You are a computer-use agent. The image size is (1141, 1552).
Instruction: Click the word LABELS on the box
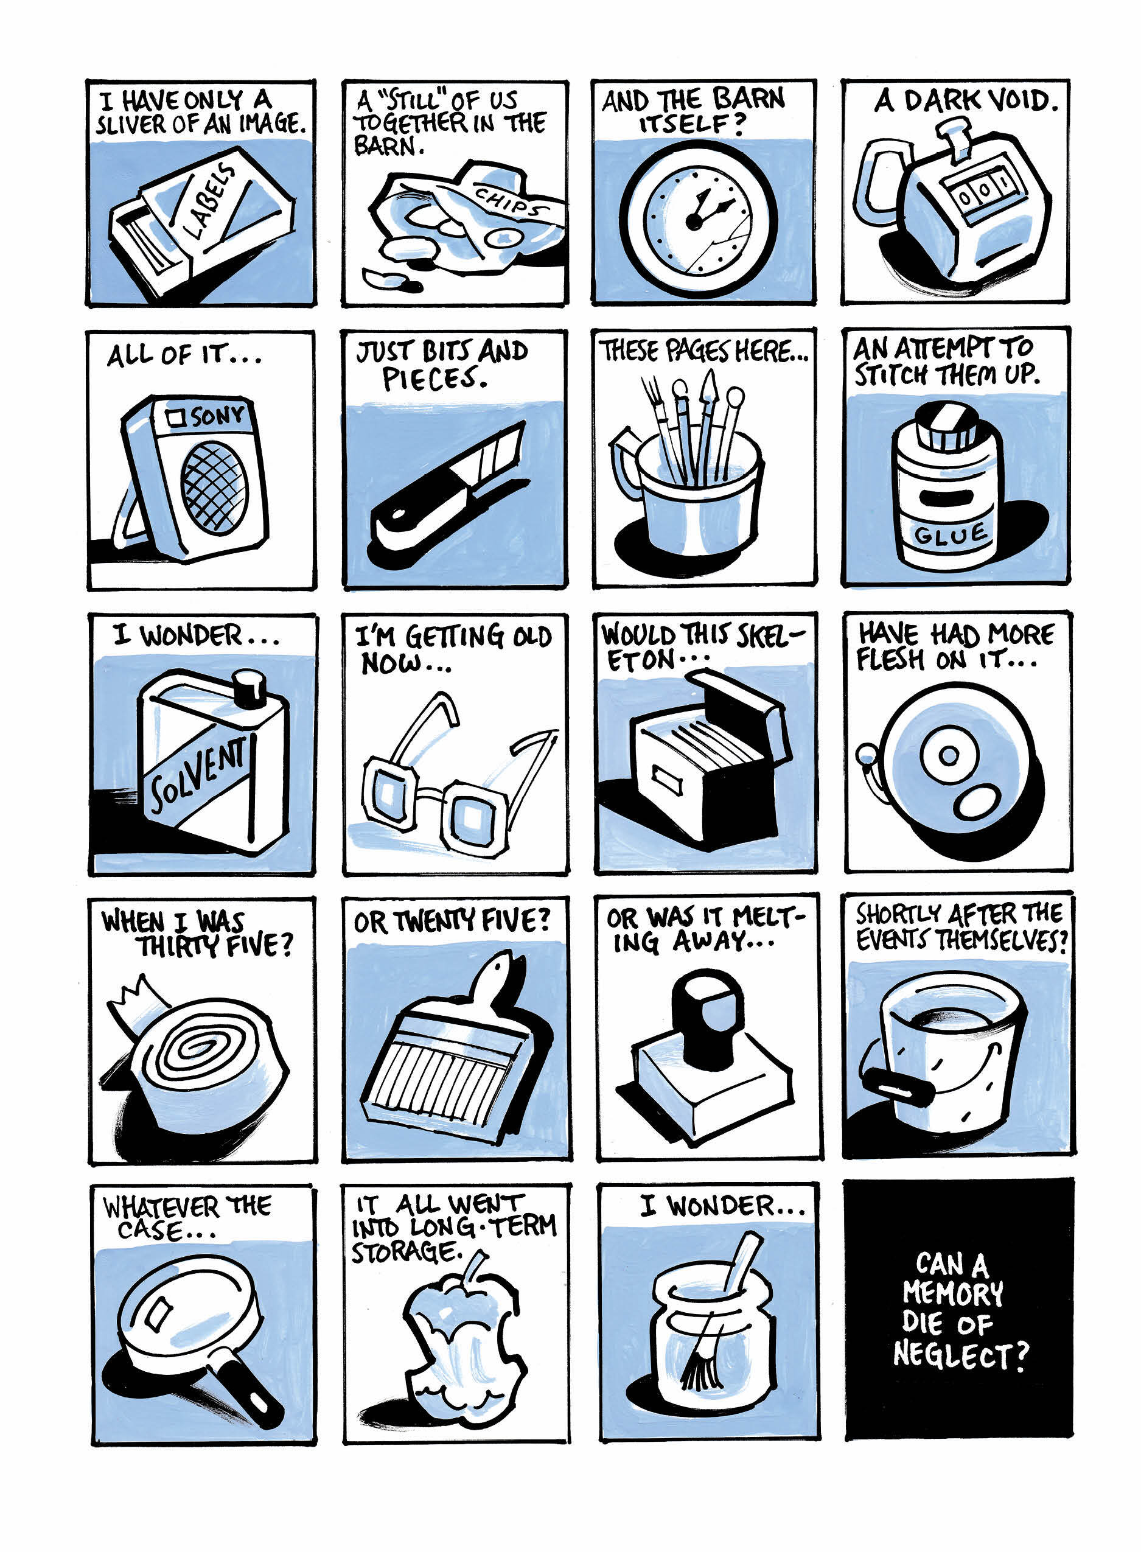210,200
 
